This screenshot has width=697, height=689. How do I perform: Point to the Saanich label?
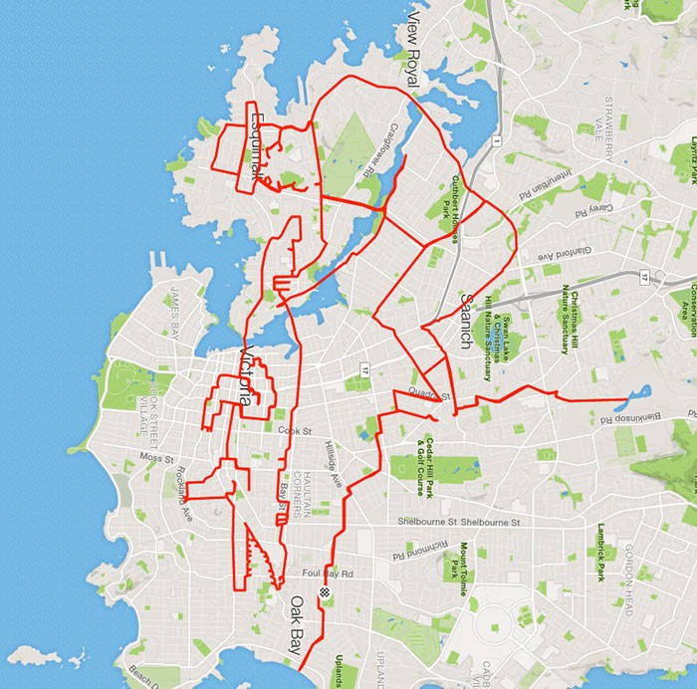click(x=465, y=320)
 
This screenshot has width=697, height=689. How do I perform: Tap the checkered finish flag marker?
click(x=324, y=593)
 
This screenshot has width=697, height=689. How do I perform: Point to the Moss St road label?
click(x=156, y=459)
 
